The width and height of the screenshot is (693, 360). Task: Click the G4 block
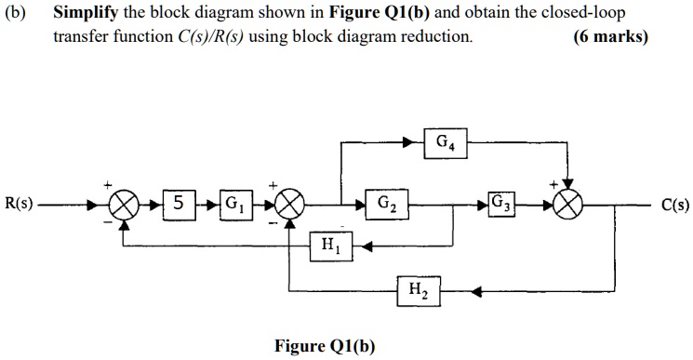coord(445,144)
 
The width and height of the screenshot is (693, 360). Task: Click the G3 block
coord(501,203)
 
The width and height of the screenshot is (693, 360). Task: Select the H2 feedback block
coord(417,290)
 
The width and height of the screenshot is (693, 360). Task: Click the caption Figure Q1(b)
coord(325,346)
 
